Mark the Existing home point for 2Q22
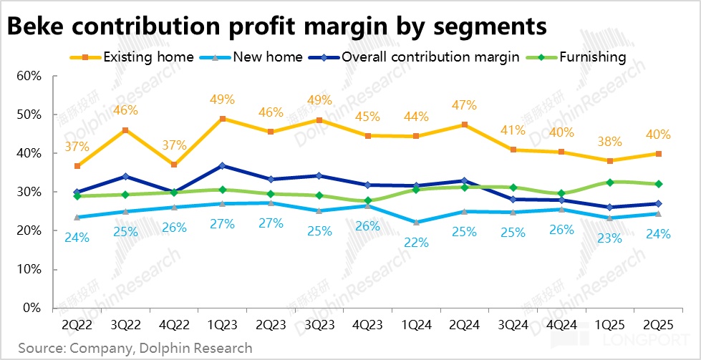[x=77, y=166]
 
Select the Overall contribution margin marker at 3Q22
[x=126, y=176]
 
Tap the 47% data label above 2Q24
[x=465, y=105]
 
